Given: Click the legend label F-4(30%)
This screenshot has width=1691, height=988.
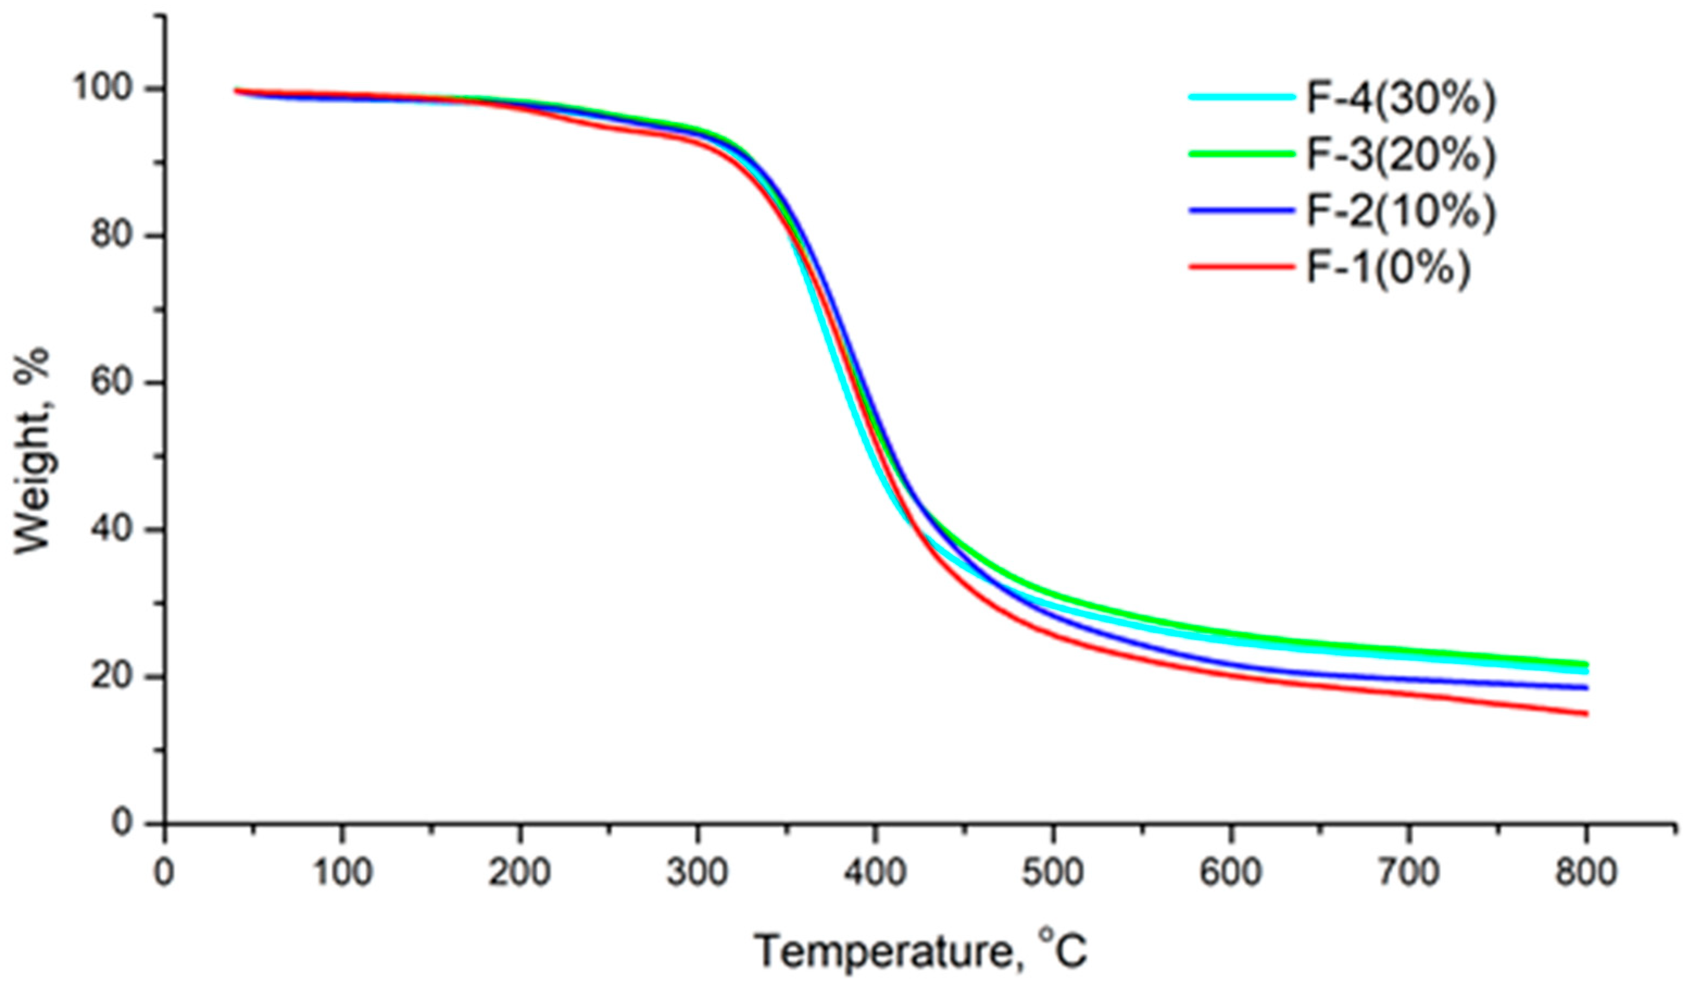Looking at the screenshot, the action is tap(1401, 98).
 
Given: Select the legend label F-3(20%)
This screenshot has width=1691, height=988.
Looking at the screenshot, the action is tap(1401, 154).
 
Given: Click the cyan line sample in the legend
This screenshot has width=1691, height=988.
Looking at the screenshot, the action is tap(1241, 97).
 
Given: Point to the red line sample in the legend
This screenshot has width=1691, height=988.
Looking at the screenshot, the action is tap(1241, 267).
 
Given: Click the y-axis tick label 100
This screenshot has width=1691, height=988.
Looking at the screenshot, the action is tap(110, 89).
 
